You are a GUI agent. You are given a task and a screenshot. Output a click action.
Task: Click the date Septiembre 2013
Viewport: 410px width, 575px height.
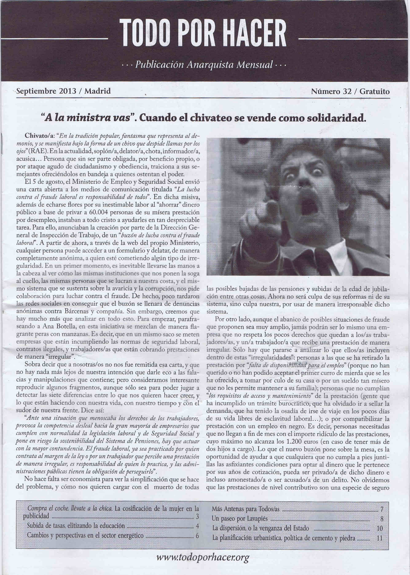click(x=46, y=91)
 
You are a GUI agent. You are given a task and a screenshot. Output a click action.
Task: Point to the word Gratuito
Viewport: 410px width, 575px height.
click(x=374, y=91)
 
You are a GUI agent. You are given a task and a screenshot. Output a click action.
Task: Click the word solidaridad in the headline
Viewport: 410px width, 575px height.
click(x=336, y=118)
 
